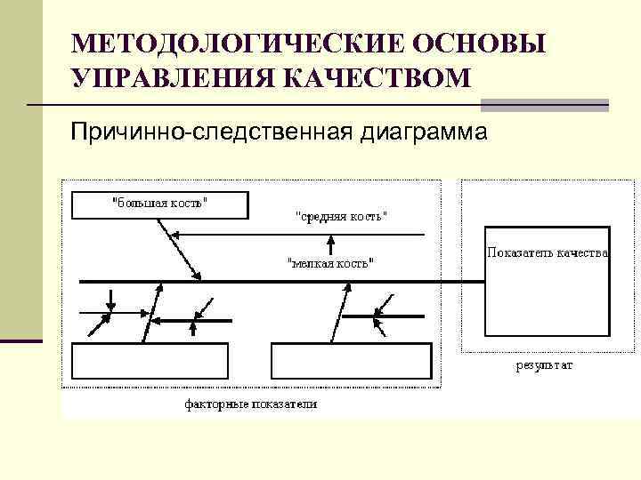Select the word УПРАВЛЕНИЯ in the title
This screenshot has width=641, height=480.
pyautogui.click(x=170, y=78)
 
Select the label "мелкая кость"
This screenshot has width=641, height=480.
pyautogui.click(x=330, y=262)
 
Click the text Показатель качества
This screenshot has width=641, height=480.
pyautogui.click(x=548, y=252)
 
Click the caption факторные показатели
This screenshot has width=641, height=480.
pyautogui.click(x=251, y=404)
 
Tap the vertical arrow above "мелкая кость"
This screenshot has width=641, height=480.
pyautogui.click(x=331, y=244)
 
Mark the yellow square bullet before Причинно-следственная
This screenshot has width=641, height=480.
pyautogui.click(x=59, y=133)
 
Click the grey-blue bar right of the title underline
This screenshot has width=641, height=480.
pyautogui.click(x=544, y=105)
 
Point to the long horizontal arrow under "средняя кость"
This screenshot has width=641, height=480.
pyautogui.click(x=303, y=234)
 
